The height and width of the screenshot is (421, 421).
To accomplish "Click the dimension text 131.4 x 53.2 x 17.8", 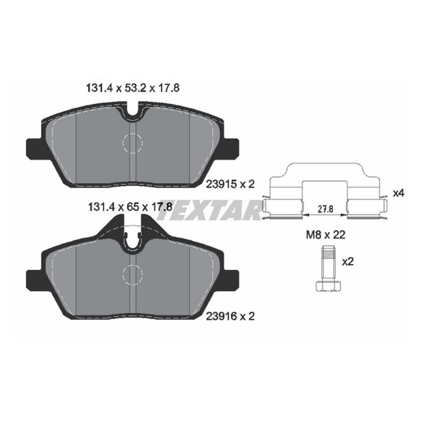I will [x=129, y=88].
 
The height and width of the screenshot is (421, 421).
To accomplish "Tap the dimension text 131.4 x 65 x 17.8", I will [x=129, y=208].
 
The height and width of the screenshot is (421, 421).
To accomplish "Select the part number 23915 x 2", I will [x=230, y=184].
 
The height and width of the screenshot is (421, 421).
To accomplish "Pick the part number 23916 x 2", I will [x=230, y=316].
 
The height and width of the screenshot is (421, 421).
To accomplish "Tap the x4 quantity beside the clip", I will [x=398, y=193].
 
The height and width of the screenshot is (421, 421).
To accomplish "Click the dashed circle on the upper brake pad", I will [x=132, y=143].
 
